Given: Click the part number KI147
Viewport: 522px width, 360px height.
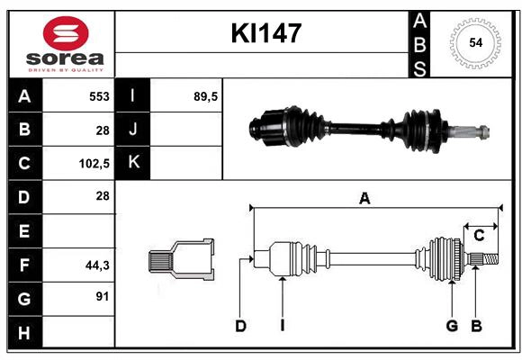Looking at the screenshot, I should pyautogui.click(x=265, y=34).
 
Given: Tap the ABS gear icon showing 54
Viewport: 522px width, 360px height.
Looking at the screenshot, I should pyautogui.click(x=473, y=42).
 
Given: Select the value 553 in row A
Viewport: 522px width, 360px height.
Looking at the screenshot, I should pyautogui.click(x=99, y=95).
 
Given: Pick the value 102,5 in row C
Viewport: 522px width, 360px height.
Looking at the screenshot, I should pyautogui.click(x=94, y=164).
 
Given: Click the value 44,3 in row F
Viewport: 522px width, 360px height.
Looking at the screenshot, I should pyautogui.click(x=96, y=265).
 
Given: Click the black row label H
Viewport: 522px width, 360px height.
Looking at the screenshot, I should pyautogui.click(x=24, y=333).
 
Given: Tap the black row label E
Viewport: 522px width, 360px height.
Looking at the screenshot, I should pyautogui.click(x=24, y=231).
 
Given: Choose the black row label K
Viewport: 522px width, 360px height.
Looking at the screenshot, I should pyautogui.click(x=134, y=163).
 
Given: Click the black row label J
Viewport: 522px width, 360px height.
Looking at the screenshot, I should pyautogui.click(x=134, y=130).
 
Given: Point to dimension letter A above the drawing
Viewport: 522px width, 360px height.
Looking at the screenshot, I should pyautogui.click(x=364, y=199).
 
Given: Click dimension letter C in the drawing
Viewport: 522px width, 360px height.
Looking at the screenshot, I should pyautogui.click(x=480, y=236).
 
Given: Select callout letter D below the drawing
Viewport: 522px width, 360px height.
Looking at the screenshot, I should pyautogui.click(x=240, y=326).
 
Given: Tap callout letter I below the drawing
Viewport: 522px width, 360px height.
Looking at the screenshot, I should pyautogui.click(x=282, y=326).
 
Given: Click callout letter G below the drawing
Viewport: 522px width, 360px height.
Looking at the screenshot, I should pyautogui.click(x=452, y=326).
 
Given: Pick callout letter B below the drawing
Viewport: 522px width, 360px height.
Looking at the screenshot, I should pyautogui.click(x=476, y=326).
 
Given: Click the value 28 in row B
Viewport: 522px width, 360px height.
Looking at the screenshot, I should pyautogui.click(x=103, y=130).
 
